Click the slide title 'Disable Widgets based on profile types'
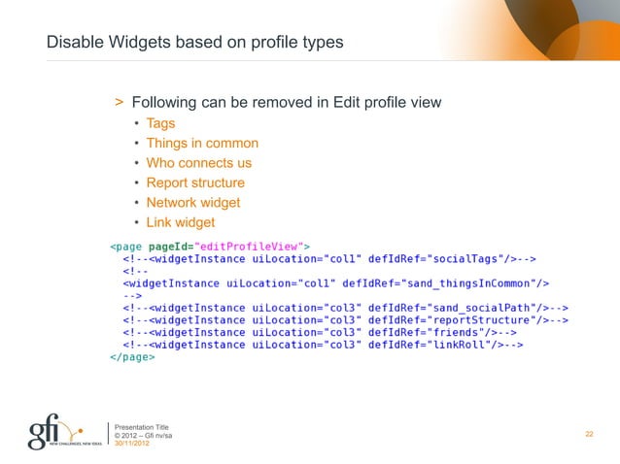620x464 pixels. (x=194, y=44)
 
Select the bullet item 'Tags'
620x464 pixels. (x=160, y=123)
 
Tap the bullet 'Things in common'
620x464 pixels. (x=202, y=144)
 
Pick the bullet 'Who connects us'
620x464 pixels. (x=198, y=163)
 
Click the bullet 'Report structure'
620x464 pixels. (x=195, y=182)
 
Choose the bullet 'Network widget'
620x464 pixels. (x=192, y=202)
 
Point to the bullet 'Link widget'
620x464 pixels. (x=180, y=222)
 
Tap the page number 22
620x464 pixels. (x=589, y=433)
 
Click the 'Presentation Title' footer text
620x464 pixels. (x=142, y=426)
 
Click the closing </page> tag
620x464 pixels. (x=131, y=356)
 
